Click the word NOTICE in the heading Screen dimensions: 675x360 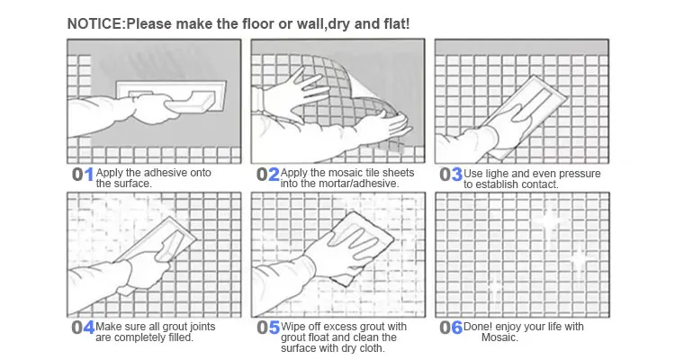tap(95, 23)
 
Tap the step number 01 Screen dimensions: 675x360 tap(83, 175)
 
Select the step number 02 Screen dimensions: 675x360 tap(268, 175)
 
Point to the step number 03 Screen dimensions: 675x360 tap(451, 175)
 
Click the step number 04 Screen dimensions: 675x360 tap(83, 328)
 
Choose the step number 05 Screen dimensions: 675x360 tap(268, 328)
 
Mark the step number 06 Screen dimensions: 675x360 tap(451, 328)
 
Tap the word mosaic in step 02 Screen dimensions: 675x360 tap(346, 173)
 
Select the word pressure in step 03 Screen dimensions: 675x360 tap(579, 174)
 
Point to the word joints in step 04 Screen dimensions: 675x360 tap(202, 327)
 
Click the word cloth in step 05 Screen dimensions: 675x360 tap(371, 348)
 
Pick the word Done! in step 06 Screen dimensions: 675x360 tap(477, 327)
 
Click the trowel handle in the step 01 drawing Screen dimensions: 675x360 tap(190, 103)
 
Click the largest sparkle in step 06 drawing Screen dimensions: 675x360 tap(550, 220)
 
